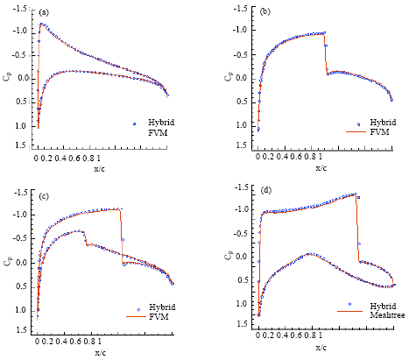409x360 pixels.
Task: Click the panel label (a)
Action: pos(45,14)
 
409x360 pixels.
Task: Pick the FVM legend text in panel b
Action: pos(379,131)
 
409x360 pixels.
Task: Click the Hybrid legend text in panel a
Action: pos(159,124)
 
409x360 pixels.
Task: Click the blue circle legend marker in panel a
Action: pos(134,124)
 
